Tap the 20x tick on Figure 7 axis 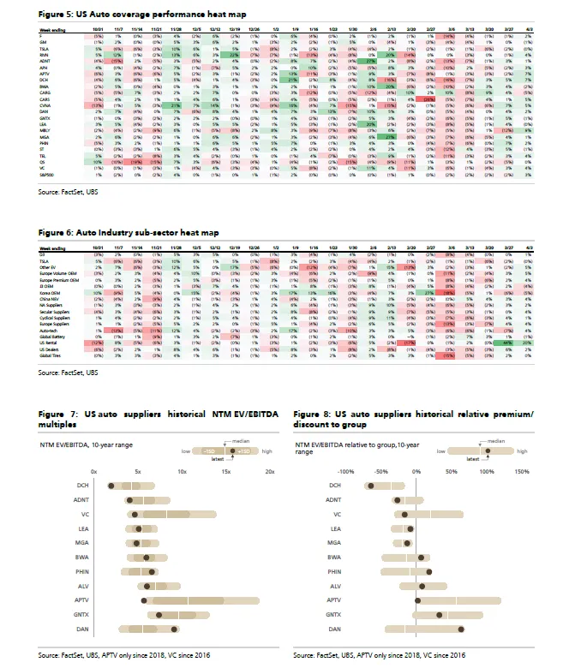tap(269, 472)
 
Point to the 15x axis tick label tap(225, 472)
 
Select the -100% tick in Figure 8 tap(346, 472)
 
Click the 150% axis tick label tap(522, 472)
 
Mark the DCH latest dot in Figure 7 tap(111, 486)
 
